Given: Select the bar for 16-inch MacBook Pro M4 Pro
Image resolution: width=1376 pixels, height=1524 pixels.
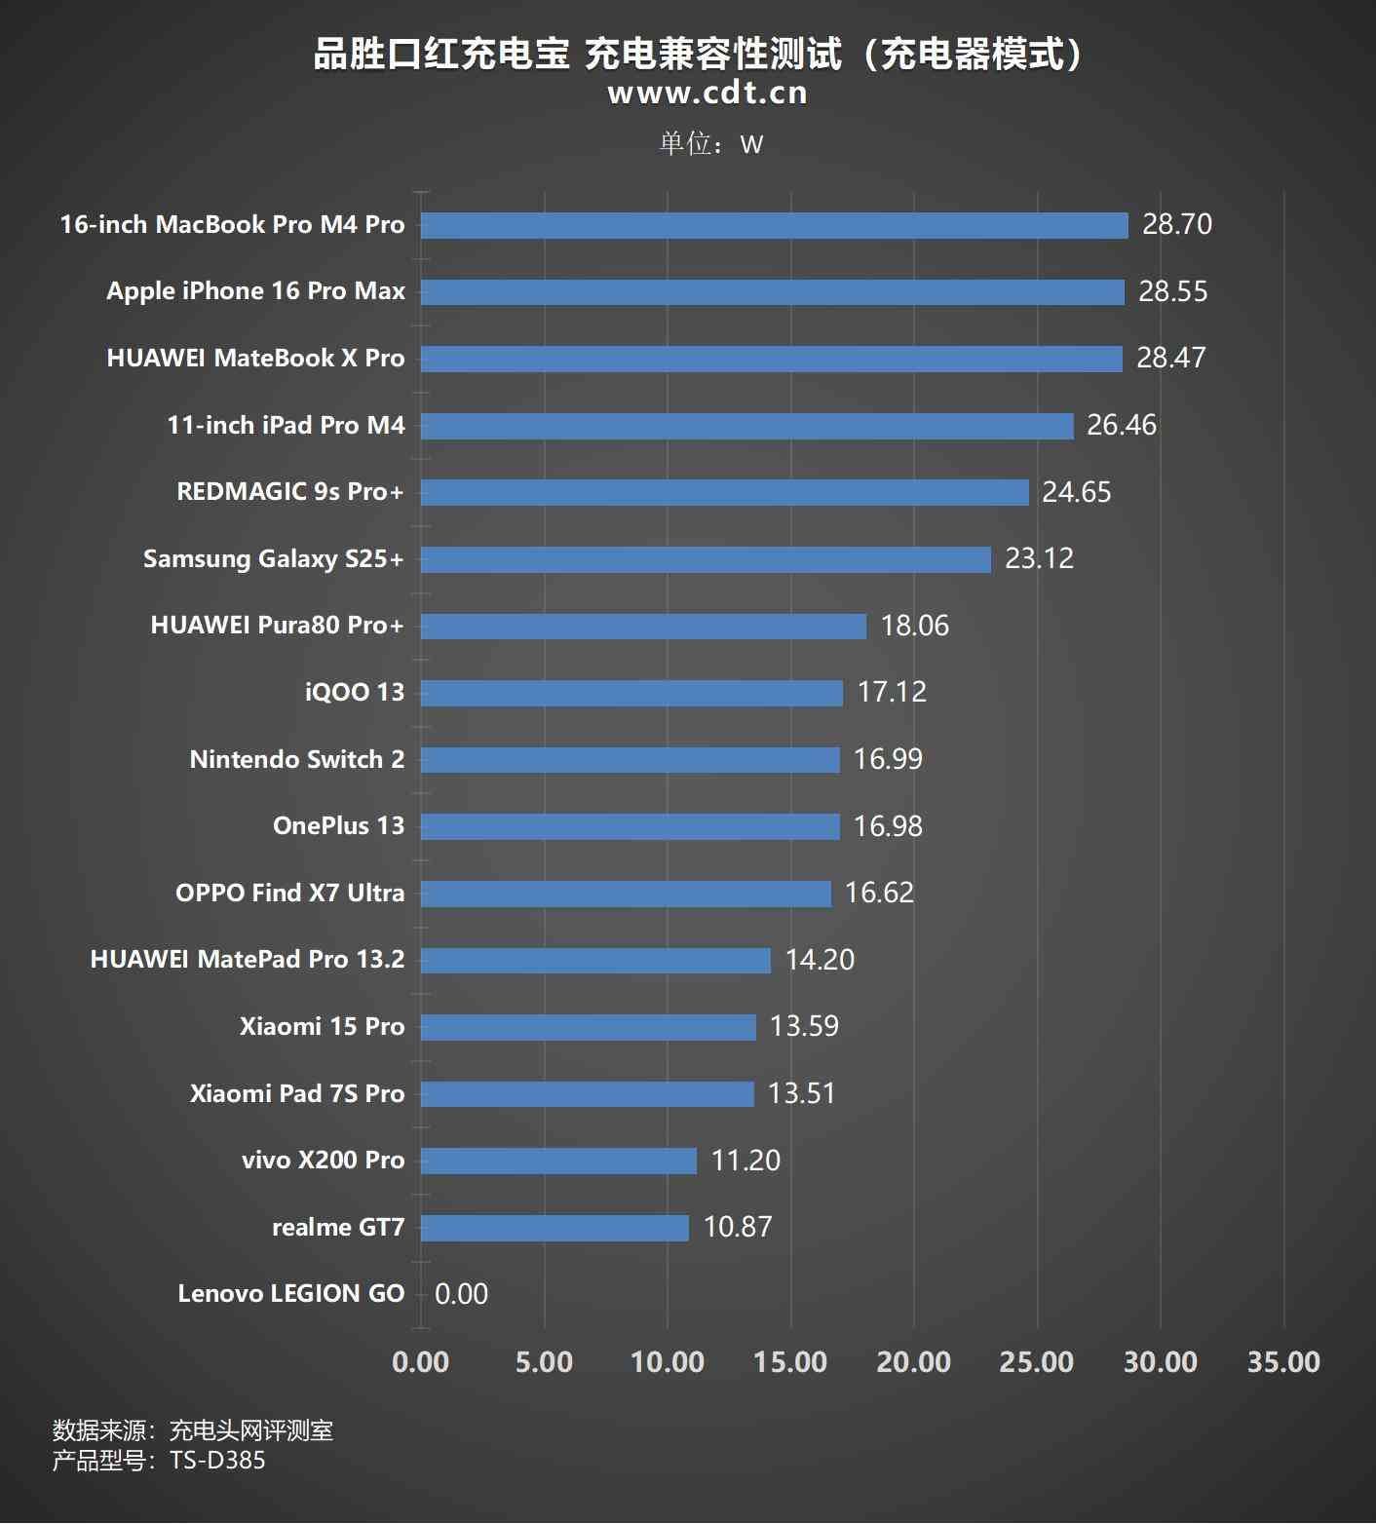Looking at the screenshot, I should click(x=774, y=225).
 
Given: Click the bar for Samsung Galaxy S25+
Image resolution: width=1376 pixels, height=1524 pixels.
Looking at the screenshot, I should click(x=706, y=559).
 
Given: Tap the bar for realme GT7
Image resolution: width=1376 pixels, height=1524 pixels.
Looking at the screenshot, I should click(x=554, y=1228).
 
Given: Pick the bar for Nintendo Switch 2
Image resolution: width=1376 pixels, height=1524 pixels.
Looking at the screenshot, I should click(x=630, y=760).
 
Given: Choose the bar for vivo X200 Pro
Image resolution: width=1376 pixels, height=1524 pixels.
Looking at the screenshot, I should click(x=558, y=1161).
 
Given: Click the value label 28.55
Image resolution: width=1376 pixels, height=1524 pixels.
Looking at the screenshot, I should click(x=1172, y=291).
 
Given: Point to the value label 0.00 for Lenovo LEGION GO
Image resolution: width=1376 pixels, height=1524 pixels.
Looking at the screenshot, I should click(x=461, y=1294).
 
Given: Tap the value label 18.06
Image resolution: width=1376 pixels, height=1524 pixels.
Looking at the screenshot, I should click(x=914, y=626).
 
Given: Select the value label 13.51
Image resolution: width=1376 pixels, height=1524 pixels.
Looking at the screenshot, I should click(x=801, y=1093).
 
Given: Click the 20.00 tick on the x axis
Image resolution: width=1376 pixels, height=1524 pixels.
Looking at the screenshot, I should click(x=913, y=1361).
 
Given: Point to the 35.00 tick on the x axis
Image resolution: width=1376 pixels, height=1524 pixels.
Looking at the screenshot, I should click(x=1283, y=1361).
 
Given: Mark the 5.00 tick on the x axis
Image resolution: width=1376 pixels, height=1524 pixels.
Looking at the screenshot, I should click(x=544, y=1361).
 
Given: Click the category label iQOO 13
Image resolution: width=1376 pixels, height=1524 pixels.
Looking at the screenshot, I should click(x=354, y=692).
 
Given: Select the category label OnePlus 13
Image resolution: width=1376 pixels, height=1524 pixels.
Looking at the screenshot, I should click(x=338, y=826).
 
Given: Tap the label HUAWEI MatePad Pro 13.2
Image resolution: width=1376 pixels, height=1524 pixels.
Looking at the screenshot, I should click(x=248, y=960).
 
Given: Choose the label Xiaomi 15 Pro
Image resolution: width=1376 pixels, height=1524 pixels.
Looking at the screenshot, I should click(x=322, y=1026).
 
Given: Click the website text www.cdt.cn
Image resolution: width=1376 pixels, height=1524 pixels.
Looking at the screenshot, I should click(x=707, y=93).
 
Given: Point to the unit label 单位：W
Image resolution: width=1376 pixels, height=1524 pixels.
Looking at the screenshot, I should click(x=710, y=144).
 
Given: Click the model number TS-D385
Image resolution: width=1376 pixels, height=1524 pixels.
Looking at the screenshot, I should click(x=217, y=1460).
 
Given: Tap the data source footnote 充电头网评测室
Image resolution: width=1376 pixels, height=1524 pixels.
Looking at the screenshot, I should click(x=250, y=1430).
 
